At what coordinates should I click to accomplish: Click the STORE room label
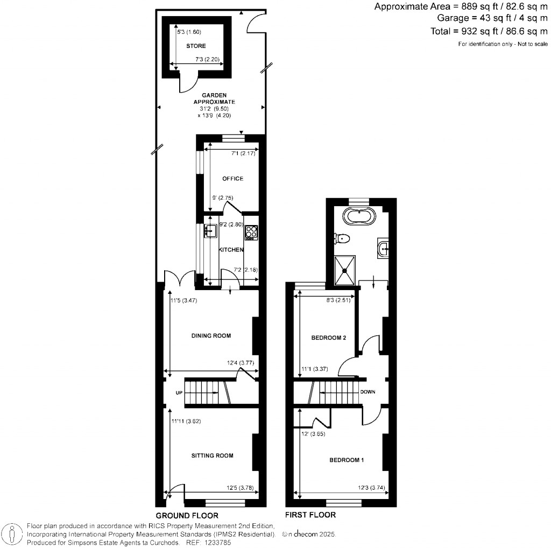[196, 46]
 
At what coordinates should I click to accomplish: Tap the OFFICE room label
[232, 179]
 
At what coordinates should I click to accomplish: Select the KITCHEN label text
[231, 250]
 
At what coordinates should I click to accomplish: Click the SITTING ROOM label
[213, 455]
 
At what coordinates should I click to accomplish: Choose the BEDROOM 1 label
[347, 460]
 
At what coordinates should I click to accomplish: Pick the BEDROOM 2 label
[328, 338]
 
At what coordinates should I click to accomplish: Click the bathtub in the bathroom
[359, 218]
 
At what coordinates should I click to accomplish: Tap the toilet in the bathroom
[342, 237]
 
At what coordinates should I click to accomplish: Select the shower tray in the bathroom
[345, 270]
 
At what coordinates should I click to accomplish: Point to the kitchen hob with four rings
[251, 232]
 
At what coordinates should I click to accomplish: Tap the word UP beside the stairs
[179, 393]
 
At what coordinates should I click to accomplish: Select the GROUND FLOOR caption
[183, 515]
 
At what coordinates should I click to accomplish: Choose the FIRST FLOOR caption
[311, 515]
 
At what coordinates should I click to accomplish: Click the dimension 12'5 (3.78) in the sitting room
[241, 489]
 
